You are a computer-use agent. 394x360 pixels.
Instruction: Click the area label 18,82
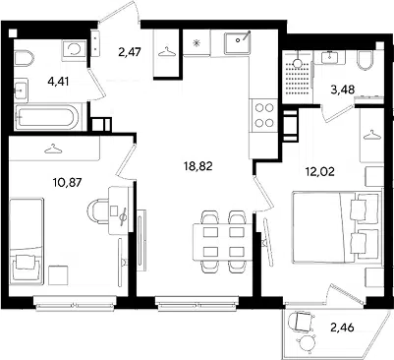[198, 166]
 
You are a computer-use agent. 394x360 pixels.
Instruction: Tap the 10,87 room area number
[67, 181]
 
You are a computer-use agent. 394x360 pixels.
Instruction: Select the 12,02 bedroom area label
[320, 171]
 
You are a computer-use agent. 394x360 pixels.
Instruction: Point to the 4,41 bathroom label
[58, 81]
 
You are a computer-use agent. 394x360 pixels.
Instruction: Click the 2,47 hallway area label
[130, 52]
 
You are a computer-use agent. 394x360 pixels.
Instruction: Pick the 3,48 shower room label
[343, 89]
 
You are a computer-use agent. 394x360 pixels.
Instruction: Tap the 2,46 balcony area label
[343, 328]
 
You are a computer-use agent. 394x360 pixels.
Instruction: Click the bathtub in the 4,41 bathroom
[46, 117]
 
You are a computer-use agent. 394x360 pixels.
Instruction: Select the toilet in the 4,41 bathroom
[24, 58]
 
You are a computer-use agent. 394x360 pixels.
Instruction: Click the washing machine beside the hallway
[74, 49]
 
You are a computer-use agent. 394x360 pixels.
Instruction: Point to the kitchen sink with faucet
[238, 43]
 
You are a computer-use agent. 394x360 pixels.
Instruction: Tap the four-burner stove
[264, 115]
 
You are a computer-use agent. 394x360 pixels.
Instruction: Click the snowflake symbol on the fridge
[197, 42]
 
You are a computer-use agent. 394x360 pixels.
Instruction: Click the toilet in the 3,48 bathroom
[365, 59]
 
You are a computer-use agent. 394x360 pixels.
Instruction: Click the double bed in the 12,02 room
[337, 227]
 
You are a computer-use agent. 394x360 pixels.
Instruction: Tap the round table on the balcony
[307, 344]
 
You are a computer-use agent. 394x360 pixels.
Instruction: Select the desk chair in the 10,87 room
[97, 211]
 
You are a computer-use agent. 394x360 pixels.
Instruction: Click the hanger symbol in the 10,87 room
[53, 150]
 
